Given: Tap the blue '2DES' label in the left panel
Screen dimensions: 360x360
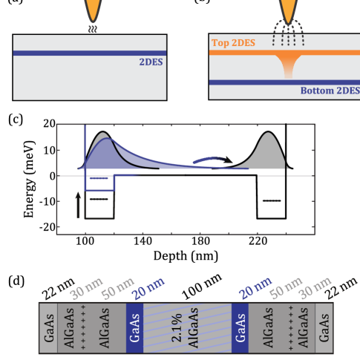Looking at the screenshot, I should point(151,64).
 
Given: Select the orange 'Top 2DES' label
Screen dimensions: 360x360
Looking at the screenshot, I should point(233,43).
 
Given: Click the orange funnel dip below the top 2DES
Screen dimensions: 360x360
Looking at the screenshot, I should point(288,65).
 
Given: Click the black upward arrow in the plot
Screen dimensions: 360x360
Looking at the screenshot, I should point(77,203).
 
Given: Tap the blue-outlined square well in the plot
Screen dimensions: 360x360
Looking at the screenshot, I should point(100,183).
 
